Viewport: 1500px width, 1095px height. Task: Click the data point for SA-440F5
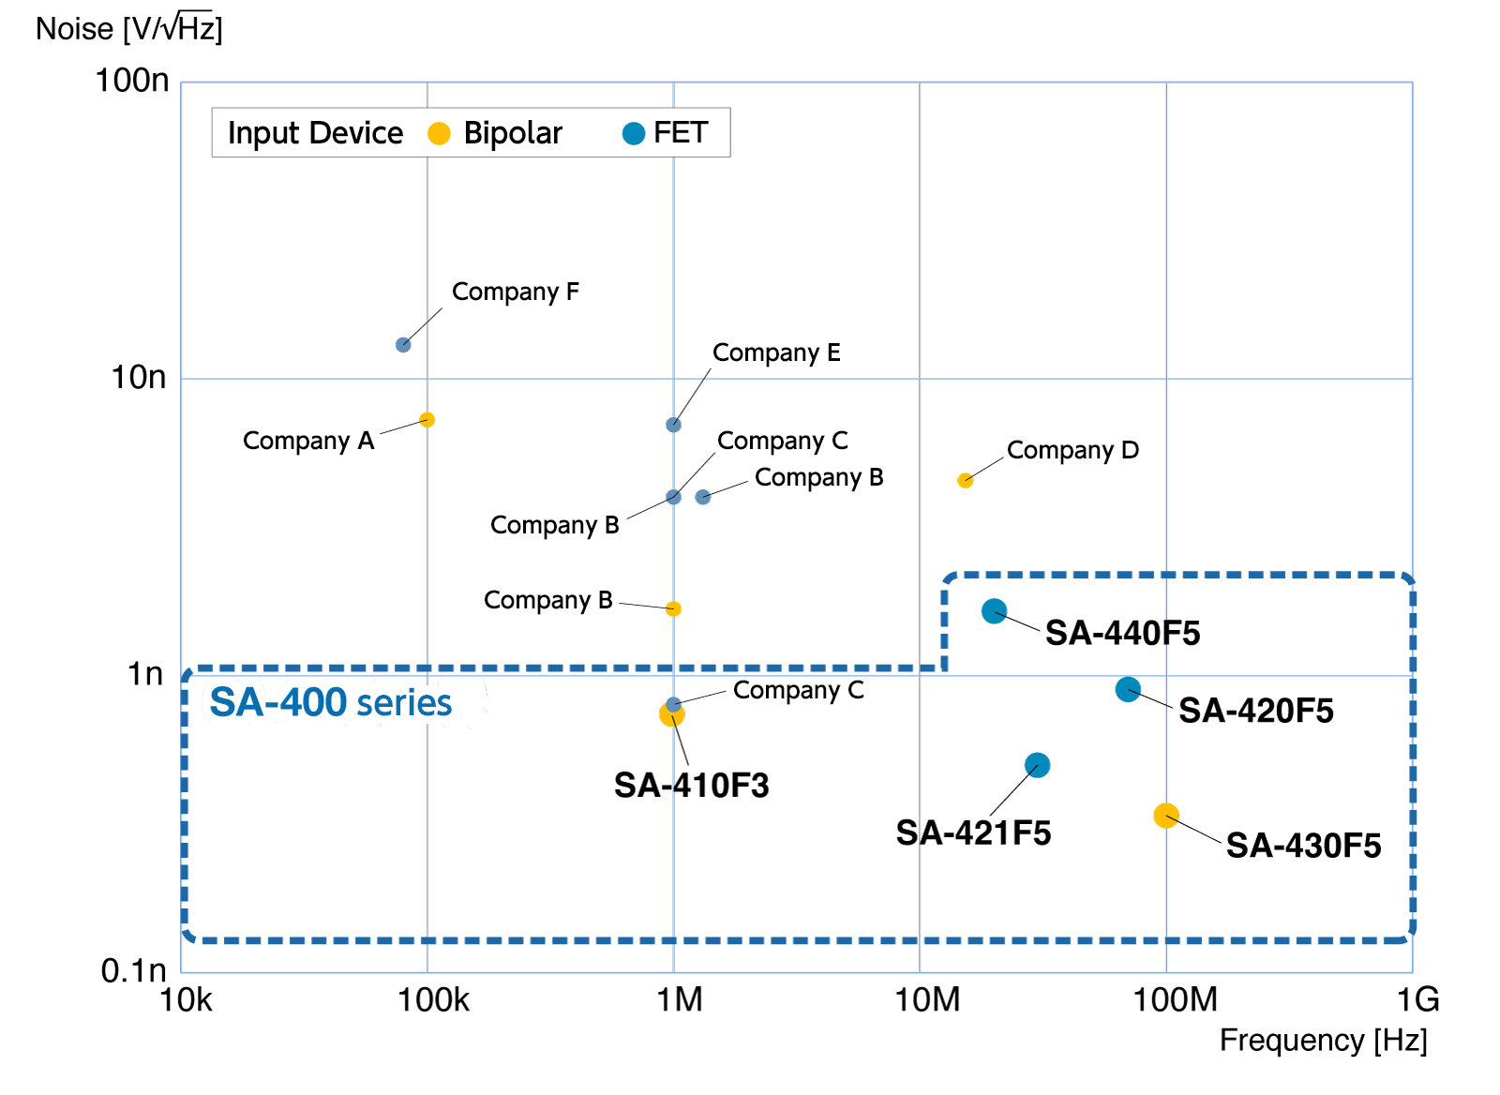(994, 611)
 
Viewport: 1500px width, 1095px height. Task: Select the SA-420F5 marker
(1128, 690)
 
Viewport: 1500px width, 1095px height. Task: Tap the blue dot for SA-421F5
(1037, 765)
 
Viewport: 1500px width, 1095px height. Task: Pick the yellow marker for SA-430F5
(1166, 816)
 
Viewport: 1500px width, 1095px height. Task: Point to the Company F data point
(403, 345)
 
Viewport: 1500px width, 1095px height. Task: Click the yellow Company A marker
(427, 420)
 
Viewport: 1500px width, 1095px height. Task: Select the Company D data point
(965, 481)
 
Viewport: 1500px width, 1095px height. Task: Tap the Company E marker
(673, 425)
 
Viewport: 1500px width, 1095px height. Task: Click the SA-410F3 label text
(691, 786)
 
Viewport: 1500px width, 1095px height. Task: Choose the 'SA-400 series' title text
(330, 703)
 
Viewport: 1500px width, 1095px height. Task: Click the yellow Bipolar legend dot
(439, 134)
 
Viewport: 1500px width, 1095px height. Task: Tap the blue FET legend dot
(634, 134)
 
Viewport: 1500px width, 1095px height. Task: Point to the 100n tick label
(132, 81)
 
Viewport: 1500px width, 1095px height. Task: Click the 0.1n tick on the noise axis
(134, 970)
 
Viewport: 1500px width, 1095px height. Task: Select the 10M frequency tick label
(927, 1000)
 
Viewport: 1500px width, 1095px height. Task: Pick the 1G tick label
(1417, 1000)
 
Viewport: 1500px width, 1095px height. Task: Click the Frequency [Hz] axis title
(1323, 1041)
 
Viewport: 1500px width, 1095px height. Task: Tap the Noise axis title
(129, 29)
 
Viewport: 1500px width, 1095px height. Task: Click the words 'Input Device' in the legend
(315, 133)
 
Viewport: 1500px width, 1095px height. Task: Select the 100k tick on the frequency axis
(433, 1000)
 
